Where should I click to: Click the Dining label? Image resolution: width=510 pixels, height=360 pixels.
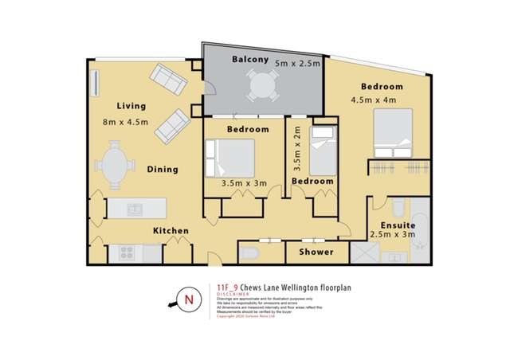pyautogui.click(x=162, y=169)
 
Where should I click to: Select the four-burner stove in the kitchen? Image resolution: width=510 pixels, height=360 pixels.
pyautogui.click(x=127, y=253)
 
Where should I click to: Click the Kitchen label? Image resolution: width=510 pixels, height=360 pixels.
pyautogui.click(x=171, y=231)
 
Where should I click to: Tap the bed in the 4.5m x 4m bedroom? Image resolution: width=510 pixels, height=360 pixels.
pyautogui.click(x=392, y=133)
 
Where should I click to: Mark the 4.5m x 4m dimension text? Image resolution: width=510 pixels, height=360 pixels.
pyautogui.click(x=374, y=100)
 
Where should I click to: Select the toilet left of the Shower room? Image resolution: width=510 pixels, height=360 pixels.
pyautogui.click(x=249, y=253)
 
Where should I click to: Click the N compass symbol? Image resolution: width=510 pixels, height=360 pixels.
pyautogui.click(x=188, y=299)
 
